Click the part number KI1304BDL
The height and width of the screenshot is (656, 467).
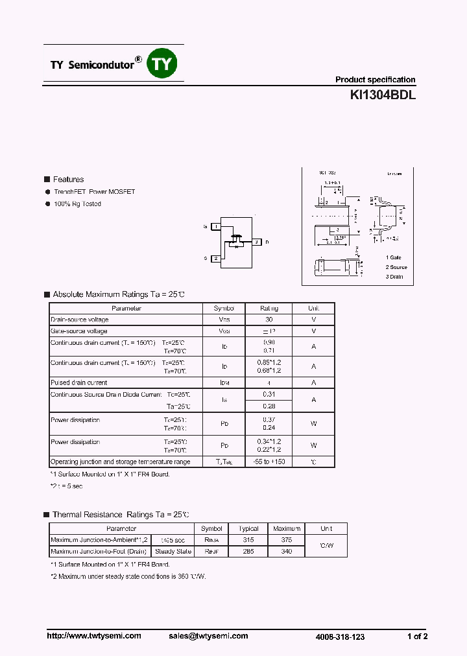tap(383, 95)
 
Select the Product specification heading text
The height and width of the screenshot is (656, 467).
tap(375, 80)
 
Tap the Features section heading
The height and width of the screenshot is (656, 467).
tap(68, 180)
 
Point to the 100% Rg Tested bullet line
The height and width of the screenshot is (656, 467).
tap(77, 204)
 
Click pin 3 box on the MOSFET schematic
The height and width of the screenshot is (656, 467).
tap(256, 242)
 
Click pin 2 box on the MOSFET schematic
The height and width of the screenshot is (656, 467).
tap(215, 258)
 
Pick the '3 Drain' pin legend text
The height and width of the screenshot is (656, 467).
tap(394, 277)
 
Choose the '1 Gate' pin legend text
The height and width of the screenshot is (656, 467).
tap(394, 257)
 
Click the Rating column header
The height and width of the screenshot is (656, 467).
tap(269, 309)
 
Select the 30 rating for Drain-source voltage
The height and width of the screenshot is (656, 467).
tap(269, 320)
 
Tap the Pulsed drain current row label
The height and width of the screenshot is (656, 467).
tap(79, 382)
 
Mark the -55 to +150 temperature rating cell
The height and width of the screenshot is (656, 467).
tap(269, 462)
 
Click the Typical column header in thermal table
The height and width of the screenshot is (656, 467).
tap(248, 529)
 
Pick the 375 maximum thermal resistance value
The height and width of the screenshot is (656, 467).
tap(287, 539)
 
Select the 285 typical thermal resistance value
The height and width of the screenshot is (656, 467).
tap(248, 551)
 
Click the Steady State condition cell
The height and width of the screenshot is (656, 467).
tap(173, 551)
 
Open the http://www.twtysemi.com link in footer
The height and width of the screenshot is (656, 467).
tap(94, 636)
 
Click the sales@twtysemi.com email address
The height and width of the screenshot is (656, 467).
tap(208, 636)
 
